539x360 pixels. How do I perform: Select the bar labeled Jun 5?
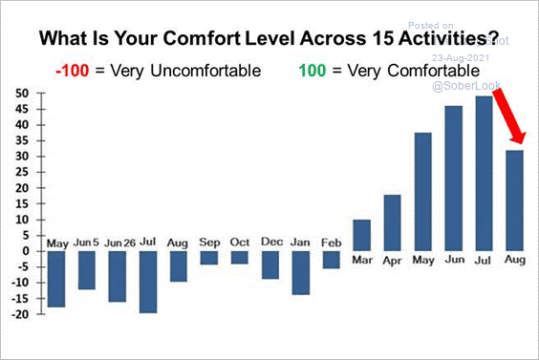(87, 270)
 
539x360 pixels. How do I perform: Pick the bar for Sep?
(209, 258)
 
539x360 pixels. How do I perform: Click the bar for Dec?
(270, 265)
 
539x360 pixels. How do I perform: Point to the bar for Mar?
(362, 235)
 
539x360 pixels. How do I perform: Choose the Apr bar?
(393, 222)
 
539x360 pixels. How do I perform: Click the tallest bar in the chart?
(485, 173)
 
